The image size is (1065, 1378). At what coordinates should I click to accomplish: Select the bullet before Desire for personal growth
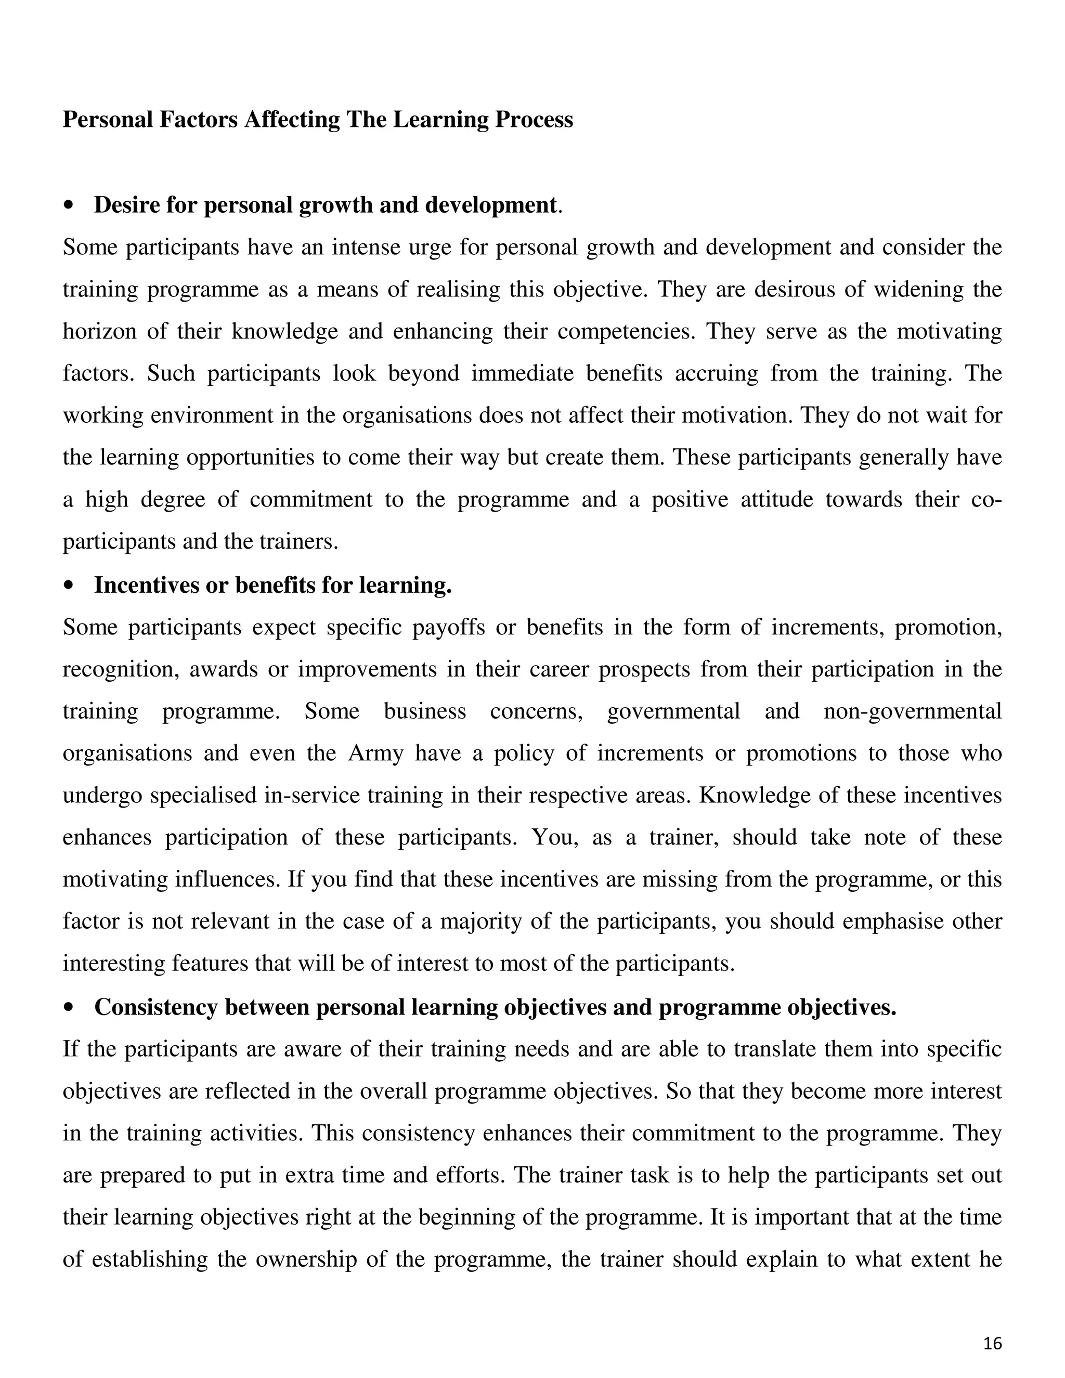tap(69, 206)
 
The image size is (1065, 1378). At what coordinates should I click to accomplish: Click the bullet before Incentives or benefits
tap(69, 586)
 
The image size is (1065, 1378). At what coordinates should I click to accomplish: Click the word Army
tap(375, 753)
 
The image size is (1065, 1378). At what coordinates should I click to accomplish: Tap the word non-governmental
tap(912, 711)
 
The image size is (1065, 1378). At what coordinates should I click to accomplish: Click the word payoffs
tap(448, 627)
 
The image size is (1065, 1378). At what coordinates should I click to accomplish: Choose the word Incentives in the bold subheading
tap(146, 586)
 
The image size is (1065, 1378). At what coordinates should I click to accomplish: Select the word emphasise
tap(889, 922)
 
